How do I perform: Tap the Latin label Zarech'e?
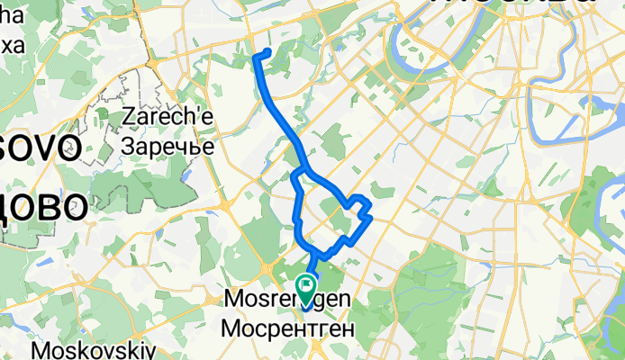point(167,117)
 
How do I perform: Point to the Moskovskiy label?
point(95,349)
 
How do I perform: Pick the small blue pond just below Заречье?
point(185,174)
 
